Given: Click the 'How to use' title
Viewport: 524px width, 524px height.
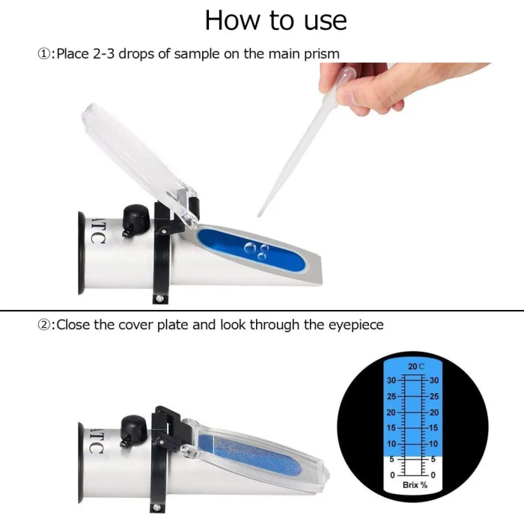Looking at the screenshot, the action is point(275,20).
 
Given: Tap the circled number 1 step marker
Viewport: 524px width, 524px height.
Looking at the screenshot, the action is point(43,54).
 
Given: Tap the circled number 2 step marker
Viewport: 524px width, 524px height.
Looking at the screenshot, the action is point(43,324).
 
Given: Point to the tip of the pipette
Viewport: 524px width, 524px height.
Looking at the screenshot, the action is point(259,215).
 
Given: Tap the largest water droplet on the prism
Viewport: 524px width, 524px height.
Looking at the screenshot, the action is point(250,248).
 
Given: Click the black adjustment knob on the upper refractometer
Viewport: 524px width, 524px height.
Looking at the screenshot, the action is point(136,217).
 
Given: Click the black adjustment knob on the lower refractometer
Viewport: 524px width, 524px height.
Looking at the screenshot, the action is point(134,427).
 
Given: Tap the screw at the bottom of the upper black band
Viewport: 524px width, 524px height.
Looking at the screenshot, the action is point(159,298).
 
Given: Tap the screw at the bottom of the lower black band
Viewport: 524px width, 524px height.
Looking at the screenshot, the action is point(156,508).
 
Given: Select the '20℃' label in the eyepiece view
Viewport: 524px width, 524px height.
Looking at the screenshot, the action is point(416,367).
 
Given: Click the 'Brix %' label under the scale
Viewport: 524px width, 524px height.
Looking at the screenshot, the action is point(415,485).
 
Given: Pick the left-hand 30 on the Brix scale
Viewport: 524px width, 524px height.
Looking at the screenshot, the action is point(392,380).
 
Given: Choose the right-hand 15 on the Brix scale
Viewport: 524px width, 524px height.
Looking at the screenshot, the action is point(433,427).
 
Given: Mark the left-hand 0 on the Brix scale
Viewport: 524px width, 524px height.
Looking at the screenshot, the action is point(393,475).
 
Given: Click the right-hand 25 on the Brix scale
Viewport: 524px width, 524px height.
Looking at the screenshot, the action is point(434,397).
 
